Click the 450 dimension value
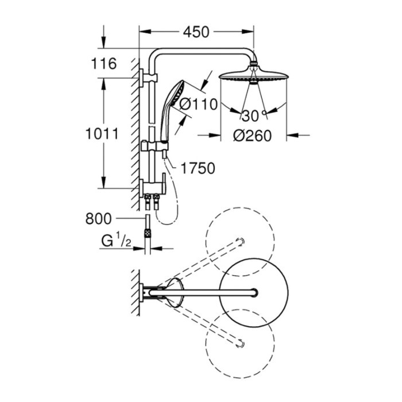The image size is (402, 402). tap(196, 32)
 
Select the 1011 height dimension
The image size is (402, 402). tap(102, 134)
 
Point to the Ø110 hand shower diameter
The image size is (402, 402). tap(199, 105)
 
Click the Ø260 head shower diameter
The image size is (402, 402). tap(253, 137)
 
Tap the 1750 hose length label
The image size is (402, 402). tap(197, 168)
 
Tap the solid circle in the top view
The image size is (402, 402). tap(252, 292)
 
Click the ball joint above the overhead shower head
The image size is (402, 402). tap(252, 64)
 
